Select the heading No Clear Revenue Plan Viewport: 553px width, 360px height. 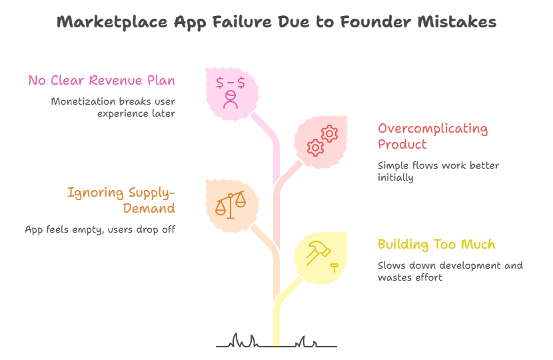[x=102, y=81]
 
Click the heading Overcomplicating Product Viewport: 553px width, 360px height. [x=432, y=136]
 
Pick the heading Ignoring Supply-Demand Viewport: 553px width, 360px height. [x=121, y=200]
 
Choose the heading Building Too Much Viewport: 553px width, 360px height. [x=436, y=245]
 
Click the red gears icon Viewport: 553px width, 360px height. [x=322, y=141]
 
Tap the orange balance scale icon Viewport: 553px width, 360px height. [x=230, y=204]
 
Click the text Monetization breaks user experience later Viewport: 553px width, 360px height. [x=113, y=107]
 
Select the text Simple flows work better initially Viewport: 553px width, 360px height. [x=438, y=171]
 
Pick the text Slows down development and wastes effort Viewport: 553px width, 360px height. [x=450, y=271]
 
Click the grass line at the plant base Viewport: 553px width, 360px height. [x=276, y=344]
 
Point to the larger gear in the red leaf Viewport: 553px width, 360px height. [x=316, y=147]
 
